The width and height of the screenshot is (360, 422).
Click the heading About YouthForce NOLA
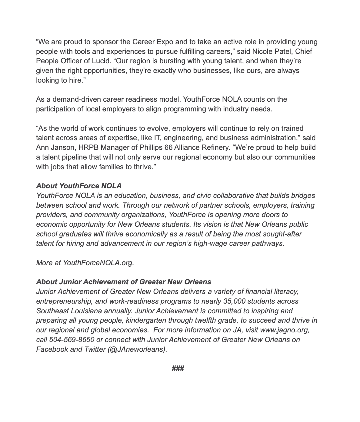click(x=79, y=186)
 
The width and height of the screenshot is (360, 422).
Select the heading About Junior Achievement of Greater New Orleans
click(x=124, y=282)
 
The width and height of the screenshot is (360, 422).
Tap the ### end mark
click(x=178, y=368)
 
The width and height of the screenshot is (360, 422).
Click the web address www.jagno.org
click(x=285, y=330)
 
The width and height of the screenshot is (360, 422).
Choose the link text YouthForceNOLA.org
click(x=98, y=262)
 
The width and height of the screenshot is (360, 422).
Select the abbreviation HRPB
click(x=86, y=147)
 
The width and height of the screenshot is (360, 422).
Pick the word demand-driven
click(x=69, y=99)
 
